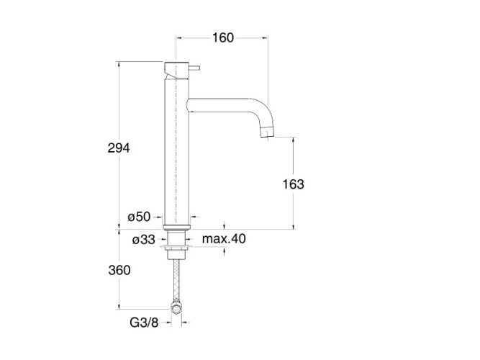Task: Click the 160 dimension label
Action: pos(223,37)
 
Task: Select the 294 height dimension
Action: pos(119,148)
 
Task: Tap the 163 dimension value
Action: pos(294,184)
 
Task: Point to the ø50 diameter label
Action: pos(140,217)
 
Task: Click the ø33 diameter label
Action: pos(144,240)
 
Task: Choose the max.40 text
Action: pos(224,238)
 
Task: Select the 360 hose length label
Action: pos(119,270)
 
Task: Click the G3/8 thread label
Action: pos(144,323)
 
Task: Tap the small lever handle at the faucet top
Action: pos(194,68)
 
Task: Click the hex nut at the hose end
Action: pos(176,307)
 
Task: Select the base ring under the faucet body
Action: pos(176,227)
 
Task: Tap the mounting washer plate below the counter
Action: pos(176,246)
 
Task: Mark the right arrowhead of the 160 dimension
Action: pos(265,38)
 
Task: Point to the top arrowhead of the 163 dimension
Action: pos(294,140)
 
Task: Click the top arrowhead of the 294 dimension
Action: pos(119,65)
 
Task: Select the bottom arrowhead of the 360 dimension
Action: pos(119,306)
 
